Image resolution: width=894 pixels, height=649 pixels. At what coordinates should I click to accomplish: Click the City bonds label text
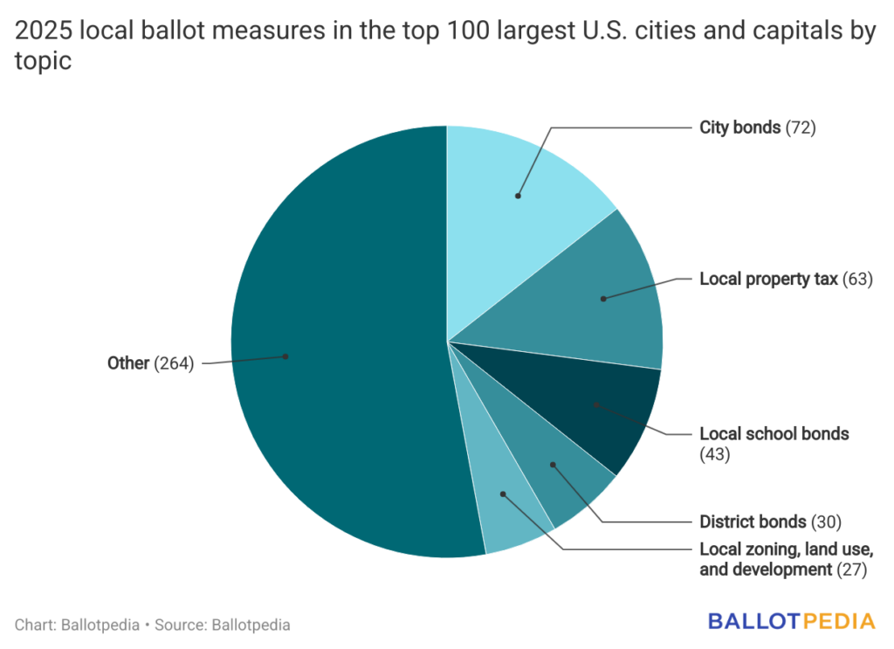point(739,128)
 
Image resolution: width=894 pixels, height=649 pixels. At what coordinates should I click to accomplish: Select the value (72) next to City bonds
point(801,128)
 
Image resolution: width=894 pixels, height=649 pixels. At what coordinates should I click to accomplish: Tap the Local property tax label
point(768,280)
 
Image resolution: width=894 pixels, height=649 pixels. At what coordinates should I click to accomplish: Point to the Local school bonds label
point(774,433)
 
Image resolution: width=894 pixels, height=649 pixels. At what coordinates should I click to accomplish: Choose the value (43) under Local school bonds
point(714,454)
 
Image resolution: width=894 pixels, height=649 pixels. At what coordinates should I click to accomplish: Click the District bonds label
point(753,521)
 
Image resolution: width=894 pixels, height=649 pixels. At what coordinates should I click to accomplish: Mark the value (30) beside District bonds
point(825,521)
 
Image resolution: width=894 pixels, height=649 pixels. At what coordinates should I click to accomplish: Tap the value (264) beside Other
point(174,363)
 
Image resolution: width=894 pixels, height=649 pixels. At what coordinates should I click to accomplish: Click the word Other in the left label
point(128,363)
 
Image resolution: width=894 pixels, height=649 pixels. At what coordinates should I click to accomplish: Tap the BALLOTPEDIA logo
point(791,622)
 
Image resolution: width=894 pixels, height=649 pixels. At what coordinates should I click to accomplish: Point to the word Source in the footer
point(180,625)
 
